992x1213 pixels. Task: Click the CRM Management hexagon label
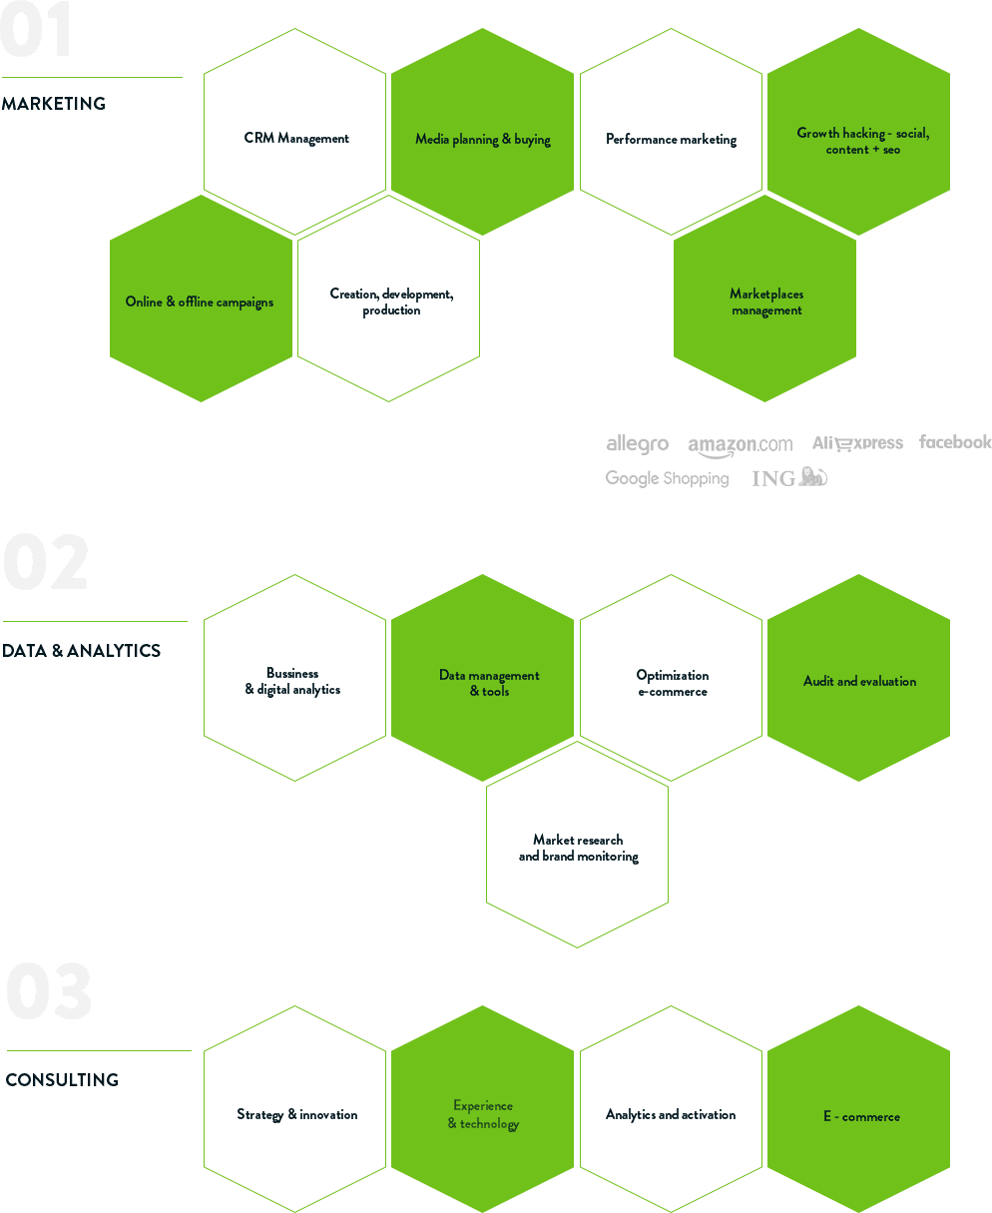(x=296, y=138)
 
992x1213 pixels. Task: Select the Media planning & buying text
(x=482, y=139)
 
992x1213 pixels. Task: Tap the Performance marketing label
(x=671, y=139)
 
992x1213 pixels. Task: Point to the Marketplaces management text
(x=766, y=302)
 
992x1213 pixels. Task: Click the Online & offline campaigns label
(x=199, y=302)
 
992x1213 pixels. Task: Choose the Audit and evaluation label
(x=859, y=681)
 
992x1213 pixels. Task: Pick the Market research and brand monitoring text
(x=578, y=849)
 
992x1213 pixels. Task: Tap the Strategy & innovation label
(x=296, y=1114)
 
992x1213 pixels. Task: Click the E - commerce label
(x=861, y=1116)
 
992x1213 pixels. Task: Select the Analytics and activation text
(x=671, y=1114)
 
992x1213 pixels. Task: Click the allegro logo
(x=637, y=444)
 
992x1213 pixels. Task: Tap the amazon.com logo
(x=741, y=445)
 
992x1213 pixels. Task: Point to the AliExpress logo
(x=857, y=443)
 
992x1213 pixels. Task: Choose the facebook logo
(x=955, y=441)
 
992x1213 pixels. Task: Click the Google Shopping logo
(x=667, y=478)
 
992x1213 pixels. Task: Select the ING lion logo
(x=789, y=477)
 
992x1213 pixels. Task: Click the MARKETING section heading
(x=54, y=104)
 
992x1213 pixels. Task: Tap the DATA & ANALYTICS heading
(x=81, y=651)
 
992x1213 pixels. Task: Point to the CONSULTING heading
(x=62, y=1079)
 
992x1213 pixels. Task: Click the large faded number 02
(x=46, y=562)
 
